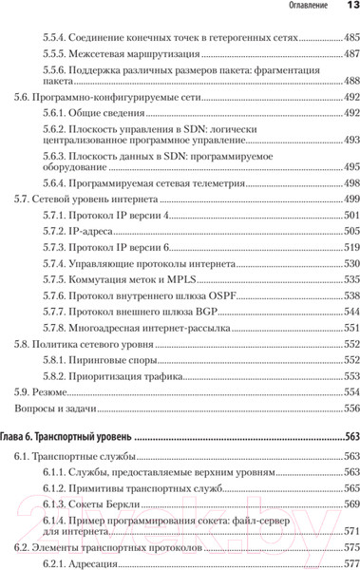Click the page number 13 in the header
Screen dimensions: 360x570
pyautogui.click(x=347, y=8)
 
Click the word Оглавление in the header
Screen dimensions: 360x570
pyautogui.click(x=300, y=9)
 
